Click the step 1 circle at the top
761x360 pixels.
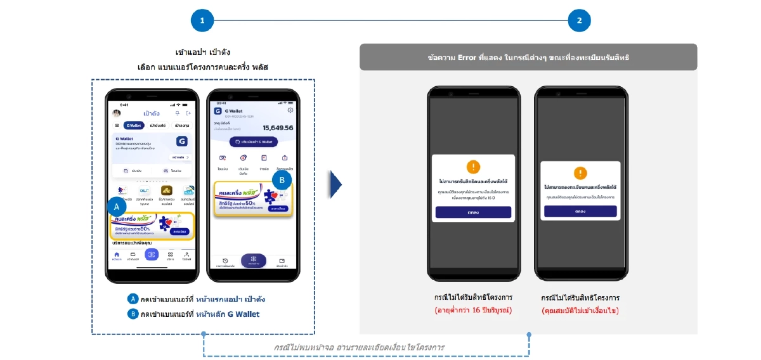click(202, 21)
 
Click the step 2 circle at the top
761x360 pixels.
click(579, 21)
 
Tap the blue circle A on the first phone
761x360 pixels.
click(117, 206)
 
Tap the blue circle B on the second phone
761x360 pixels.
click(282, 180)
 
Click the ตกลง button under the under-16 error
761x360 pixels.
click(473, 212)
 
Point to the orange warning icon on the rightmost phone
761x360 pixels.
click(580, 172)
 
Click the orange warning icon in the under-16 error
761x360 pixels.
click(473, 167)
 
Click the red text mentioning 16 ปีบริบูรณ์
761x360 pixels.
click(473, 311)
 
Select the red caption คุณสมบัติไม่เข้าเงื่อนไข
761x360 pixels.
click(580, 311)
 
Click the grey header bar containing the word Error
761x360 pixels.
click(528, 57)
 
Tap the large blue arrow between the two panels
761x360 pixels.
click(335, 184)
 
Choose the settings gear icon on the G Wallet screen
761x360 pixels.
click(290, 110)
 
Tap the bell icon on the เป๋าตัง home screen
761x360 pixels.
click(177, 113)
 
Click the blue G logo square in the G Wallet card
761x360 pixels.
click(181, 141)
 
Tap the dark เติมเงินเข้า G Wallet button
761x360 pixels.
click(254, 142)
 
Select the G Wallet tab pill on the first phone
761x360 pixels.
click(133, 125)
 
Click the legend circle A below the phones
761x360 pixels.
click(133, 299)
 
